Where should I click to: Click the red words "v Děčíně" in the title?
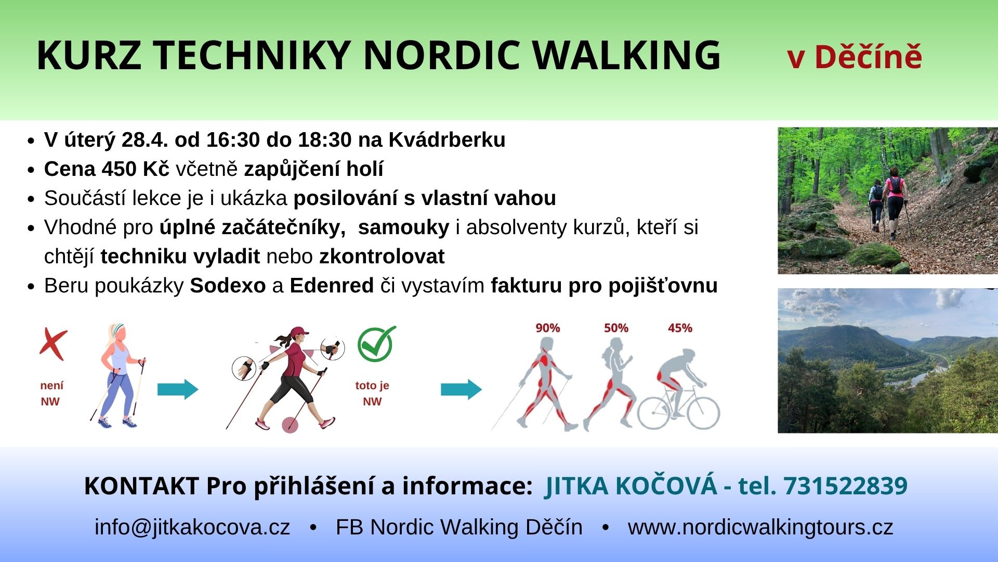point(855,57)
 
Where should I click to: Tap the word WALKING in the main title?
point(627,55)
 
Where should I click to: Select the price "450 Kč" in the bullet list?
point(136,169)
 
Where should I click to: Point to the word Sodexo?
point(228,286)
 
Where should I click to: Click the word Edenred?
point(332,286)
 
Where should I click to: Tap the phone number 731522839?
point(845,486)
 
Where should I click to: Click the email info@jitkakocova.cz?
point(192,527)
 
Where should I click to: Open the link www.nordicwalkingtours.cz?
point(760,527)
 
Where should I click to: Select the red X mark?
point(54,344)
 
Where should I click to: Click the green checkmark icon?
point(376,343)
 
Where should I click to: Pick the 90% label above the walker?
point(548,328)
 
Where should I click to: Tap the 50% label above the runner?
point(616,328)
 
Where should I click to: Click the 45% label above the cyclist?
point(680,328)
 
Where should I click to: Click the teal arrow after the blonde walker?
point(178,389)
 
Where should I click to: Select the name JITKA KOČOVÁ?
point(631,486)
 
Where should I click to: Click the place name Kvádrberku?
point(447,140)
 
